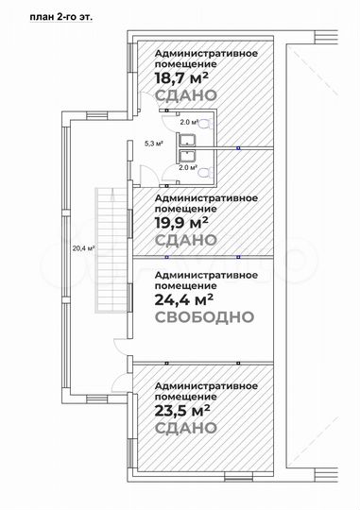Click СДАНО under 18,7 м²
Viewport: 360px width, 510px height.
tap(185, 96)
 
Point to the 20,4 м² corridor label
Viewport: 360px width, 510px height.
tap(84, 248)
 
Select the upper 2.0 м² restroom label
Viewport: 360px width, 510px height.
tap(189, 122)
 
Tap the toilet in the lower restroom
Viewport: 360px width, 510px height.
tap(204, 172)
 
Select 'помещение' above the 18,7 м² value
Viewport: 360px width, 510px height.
tap(180, 64)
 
